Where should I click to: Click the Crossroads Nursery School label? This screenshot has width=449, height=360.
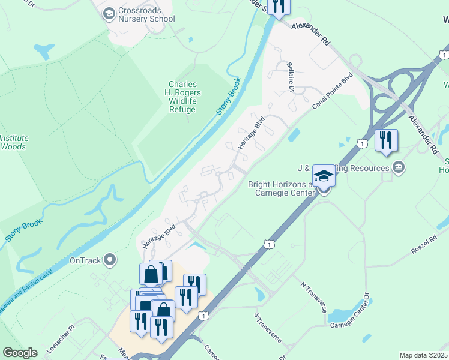point(147,14)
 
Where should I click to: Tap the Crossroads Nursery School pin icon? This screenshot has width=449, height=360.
point(109,13)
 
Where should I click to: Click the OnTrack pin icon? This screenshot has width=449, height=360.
point(109,260)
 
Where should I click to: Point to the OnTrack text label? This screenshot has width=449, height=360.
point(83,260)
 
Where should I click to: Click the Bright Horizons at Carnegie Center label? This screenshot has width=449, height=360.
point(281,188)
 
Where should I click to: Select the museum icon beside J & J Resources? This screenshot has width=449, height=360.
point(397,167)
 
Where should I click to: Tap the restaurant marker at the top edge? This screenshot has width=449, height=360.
point(279,6)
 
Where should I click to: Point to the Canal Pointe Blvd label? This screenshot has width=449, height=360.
point(332,91)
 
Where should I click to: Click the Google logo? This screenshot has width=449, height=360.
point(20,353)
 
